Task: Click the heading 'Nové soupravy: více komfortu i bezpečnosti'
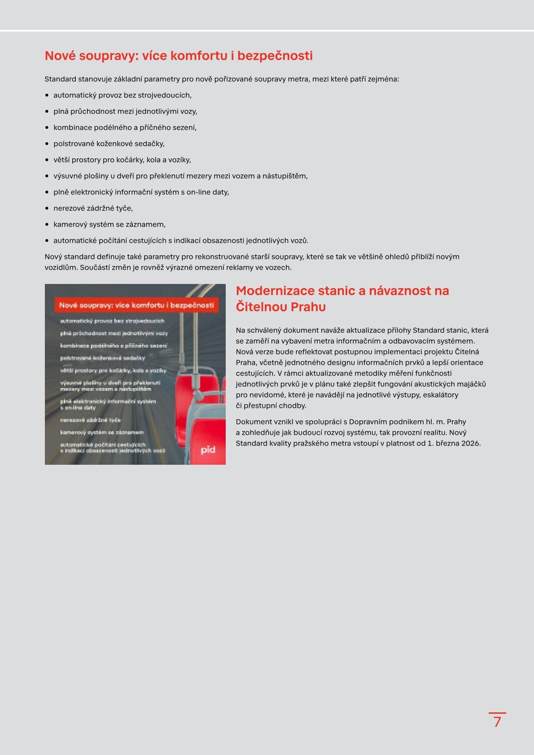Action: pyautogui.click(x=179, y=56)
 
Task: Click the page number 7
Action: pyautogui.click(x=497, y=722)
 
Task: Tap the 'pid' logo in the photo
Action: pyautogui.click(x=208, y=450)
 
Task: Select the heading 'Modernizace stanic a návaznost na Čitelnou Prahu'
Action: pyautogui.click(x=342, y=298)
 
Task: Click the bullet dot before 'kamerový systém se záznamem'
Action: pyautogui.click(x=47, y=224)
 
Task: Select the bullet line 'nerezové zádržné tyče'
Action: pyautogui.click(x=93, y=208)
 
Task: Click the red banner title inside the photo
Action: pyautogui.click(x=136, y=305)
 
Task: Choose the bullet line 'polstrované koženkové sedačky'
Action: pyautogui.click(x=109, y=144)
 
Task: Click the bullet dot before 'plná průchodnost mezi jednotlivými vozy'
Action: pyautogui.click(x=47, y=112)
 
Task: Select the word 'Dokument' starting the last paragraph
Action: pyautogui.click(x=253, y=422)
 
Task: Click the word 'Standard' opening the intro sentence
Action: pyautogui.click(x=60, y=79)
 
